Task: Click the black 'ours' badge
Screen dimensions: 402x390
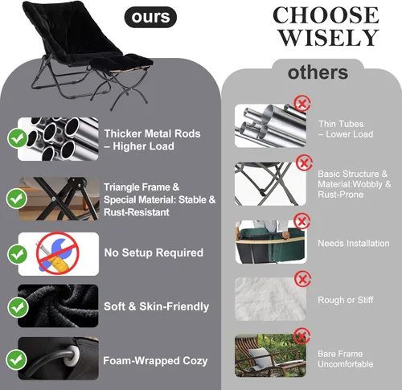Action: tap(150, 17)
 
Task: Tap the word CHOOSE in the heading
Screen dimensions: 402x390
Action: tap(326, 15)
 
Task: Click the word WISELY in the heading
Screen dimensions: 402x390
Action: tap(329, 38)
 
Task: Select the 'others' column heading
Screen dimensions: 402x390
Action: tap(318, 72)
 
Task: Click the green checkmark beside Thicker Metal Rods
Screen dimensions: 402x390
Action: tap(18, 138)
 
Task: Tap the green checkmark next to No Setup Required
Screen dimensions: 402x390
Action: tap(18, 254)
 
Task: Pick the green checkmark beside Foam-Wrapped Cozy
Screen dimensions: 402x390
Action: tap(16, 359)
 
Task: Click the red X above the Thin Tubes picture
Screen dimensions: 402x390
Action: tap(302, 104)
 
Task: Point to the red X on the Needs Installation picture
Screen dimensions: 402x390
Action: tap(302, 221)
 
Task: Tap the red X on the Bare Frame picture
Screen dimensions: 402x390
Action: tap(301, 336)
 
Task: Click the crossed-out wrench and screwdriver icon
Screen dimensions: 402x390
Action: tap(57, 253)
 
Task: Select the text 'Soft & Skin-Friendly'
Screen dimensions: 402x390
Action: tap(156, 306)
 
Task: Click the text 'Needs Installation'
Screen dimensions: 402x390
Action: tap(354, 243)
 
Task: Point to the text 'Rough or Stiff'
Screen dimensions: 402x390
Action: tap(346, 300)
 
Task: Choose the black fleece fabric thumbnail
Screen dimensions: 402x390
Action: tap(58, 306)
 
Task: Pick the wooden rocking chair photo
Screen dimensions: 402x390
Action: tap(270, 355)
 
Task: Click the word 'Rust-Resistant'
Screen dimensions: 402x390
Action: tap(137, 212)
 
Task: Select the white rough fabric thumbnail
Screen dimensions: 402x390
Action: tap(270, 299)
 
